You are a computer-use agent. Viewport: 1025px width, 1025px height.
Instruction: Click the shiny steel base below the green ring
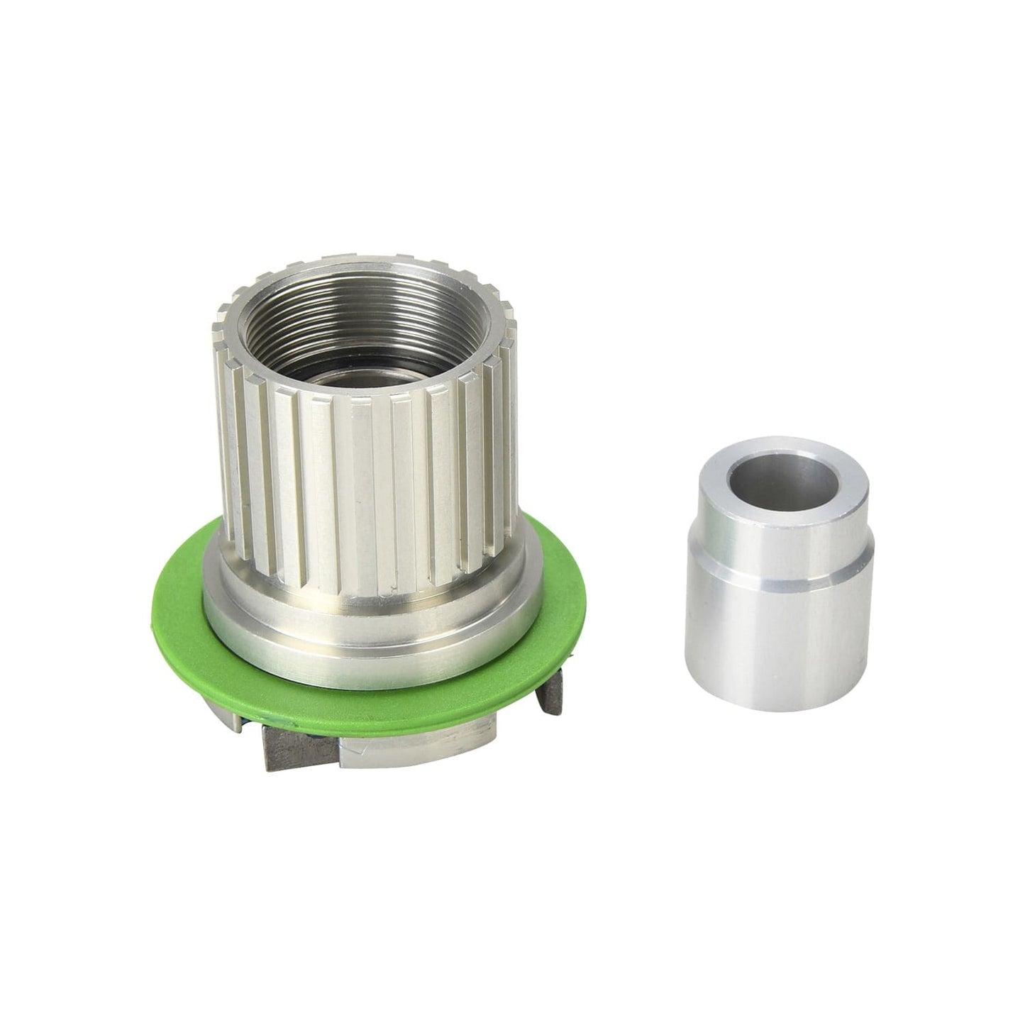[x=419, y=745]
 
